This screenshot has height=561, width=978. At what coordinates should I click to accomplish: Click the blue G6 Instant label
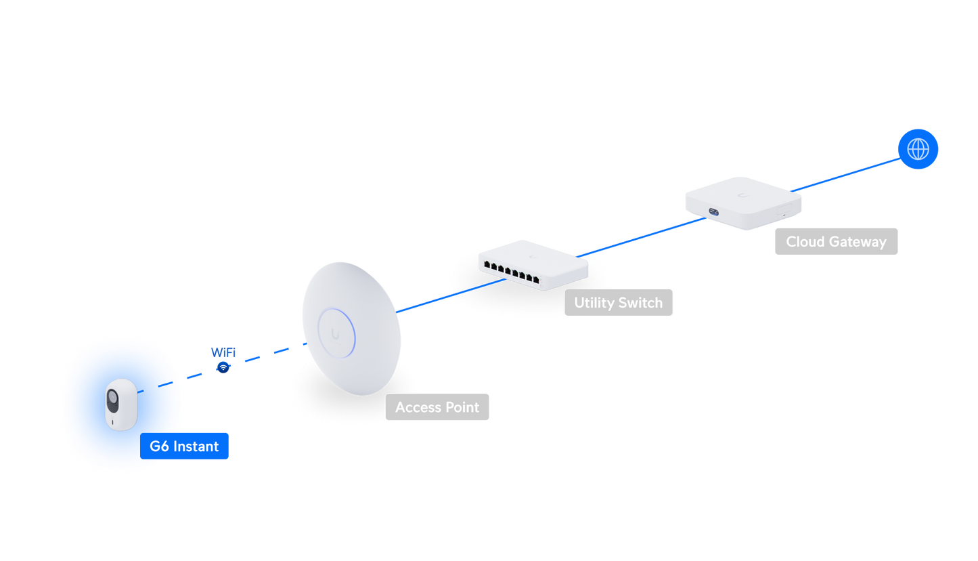click(184, 446)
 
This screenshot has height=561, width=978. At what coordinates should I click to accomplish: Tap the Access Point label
click(437, 407)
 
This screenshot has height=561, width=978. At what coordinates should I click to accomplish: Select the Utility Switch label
click(618, 302)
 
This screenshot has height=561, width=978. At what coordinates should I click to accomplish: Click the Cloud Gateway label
click(836, 241)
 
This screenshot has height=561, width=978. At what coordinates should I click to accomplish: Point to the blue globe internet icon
click(918, 149)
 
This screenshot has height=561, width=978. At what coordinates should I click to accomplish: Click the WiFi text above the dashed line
click(223, 352)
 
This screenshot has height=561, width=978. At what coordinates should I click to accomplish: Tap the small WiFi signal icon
click(223, 367)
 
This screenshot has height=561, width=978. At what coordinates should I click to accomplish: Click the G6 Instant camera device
click(121, 404)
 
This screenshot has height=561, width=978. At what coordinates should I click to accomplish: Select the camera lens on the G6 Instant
click(112, 398)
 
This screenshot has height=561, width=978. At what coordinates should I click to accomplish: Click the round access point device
click(351, 329)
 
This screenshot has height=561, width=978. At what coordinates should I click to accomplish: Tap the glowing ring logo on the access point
click(336, 333)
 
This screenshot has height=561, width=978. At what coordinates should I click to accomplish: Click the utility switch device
click(533, 265)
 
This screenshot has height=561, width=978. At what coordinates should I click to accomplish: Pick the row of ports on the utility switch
click(511, 272)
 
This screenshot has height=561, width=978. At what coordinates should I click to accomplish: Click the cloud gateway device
click(743, 203)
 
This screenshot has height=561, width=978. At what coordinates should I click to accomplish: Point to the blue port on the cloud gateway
click(714, 212)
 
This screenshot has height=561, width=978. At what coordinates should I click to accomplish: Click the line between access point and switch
click(451, 296)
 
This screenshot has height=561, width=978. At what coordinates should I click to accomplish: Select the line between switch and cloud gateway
click(642, 237)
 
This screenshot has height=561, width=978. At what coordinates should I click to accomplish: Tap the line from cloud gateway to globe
click(846, 175)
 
